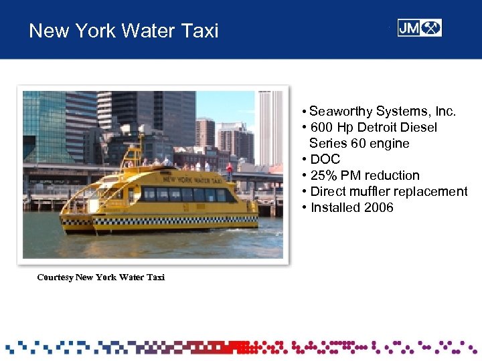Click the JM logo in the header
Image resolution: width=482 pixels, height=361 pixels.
[419, 28]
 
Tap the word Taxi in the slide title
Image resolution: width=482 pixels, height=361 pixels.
[201, 31]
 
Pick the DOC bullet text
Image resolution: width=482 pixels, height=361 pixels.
[325, 159]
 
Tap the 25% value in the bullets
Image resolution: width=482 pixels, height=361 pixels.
[323, 175]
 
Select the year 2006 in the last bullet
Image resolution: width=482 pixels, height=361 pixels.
[379, 207]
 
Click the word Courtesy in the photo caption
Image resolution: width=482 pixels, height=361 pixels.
[55, 277]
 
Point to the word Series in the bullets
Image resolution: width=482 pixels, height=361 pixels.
[327, 143]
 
